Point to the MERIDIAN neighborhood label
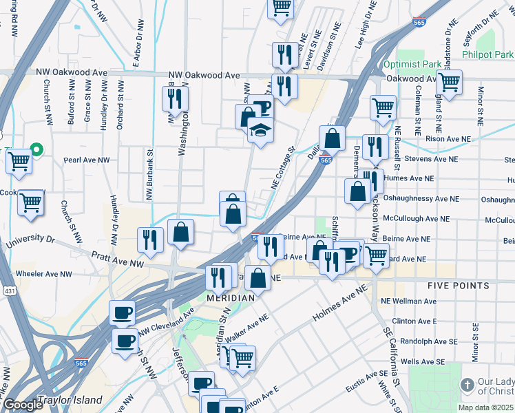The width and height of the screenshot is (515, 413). [231, 297]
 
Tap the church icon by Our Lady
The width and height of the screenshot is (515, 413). [466, 384]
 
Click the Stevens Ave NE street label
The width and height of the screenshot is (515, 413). [431, 158]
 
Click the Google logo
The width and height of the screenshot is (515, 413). [22, 404]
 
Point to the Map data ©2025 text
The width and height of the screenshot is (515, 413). [485, 407]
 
